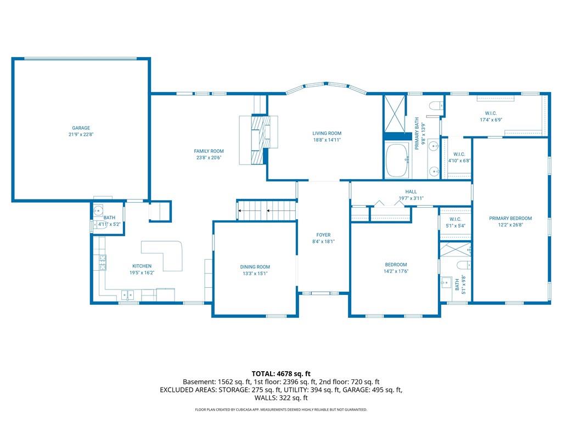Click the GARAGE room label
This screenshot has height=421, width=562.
tap(81, 128)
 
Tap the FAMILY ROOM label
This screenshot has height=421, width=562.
tap(209, 151)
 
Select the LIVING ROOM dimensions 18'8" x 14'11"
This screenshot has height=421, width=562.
tap(327, 140)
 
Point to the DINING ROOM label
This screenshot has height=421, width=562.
tap(255, 267)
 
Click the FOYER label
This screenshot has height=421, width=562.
tap(323, 235)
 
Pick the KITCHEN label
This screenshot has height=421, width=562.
tap(142, 266)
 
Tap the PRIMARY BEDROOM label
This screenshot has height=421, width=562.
tap(510, 218)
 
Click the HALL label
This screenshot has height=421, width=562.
tap(411, 191)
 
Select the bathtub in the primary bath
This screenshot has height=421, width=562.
tap(397, 160)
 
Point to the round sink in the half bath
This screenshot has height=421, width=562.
tap(98, 210)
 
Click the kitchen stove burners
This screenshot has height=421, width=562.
tap(103, 262)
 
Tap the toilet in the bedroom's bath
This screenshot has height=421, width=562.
tap(463, 265)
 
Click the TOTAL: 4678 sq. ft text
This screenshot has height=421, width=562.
tap(281, 374)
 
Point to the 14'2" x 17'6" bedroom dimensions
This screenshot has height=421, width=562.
tap(396, 271)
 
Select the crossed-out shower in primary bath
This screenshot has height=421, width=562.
tap(395, 114)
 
